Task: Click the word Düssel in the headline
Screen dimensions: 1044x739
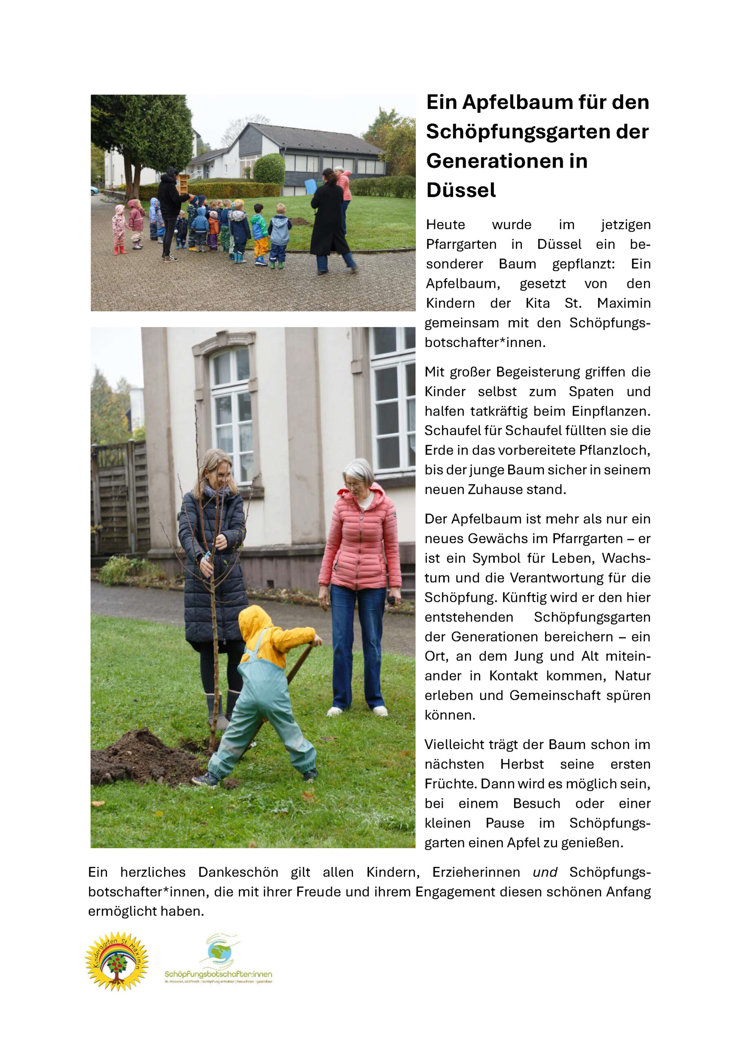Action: pos(461,190)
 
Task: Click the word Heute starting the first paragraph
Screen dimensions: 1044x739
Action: pos(446,225)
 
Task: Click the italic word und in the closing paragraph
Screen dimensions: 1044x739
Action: pos(545,872)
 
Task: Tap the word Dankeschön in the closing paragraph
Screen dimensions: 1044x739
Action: pos(238,872)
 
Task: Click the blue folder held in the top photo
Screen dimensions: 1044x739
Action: pos(311,186)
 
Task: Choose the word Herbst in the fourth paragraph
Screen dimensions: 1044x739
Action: pos(522,764)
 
